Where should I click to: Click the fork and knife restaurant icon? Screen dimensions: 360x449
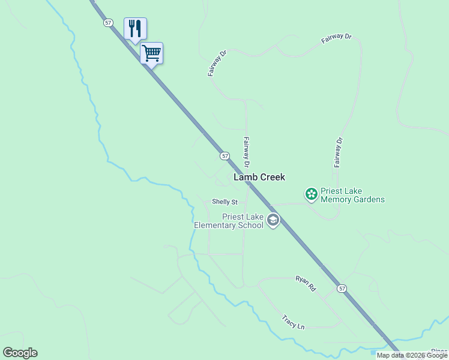[135, 28]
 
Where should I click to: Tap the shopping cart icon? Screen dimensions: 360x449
[151, 53]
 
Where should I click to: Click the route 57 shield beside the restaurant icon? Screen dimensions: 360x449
[108, 22]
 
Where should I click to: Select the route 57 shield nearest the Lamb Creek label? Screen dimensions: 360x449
[224, 155]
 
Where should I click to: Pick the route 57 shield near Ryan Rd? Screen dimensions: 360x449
[342, 289]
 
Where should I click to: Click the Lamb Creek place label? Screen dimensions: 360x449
[259, 177]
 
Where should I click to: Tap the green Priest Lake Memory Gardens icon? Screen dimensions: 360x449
[311, 193]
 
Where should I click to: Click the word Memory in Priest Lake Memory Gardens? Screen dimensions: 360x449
[335, 200]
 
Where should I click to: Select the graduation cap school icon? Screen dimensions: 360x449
[273, 220]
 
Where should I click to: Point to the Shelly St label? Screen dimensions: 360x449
[225, 202]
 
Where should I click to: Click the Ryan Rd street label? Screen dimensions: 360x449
[306, 283]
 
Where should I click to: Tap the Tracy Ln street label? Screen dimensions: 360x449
[294, 322]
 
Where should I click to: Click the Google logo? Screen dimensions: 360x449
[20, 353]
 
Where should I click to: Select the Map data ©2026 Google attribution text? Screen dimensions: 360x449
[412, 355]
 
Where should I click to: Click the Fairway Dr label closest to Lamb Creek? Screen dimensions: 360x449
[246, 152]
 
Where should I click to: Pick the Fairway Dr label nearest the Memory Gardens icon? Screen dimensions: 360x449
[339, 152]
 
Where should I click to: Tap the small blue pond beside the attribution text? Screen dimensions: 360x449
[373, 352]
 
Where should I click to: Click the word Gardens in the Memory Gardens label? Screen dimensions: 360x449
[367, 200]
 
